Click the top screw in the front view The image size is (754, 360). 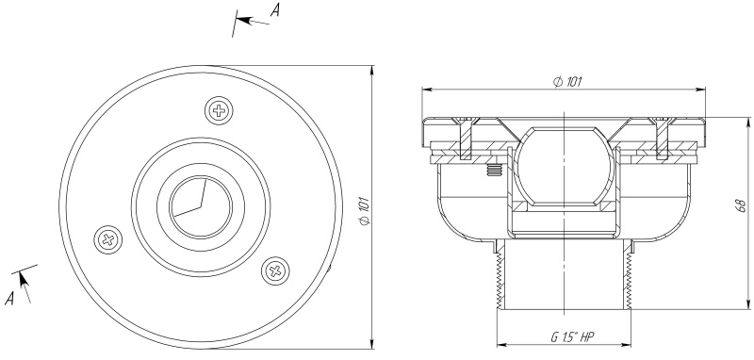[x=220, y=110]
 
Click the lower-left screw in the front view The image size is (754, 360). [x=108, y=238]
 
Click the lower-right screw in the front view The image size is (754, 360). [x=275, y=270]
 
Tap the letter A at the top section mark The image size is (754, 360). [x=274, y=9]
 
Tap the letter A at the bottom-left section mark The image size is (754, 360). [x=9, y=299]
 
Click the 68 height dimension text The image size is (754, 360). [x=743, y=205]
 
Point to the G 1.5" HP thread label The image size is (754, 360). [x=572, y=337]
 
